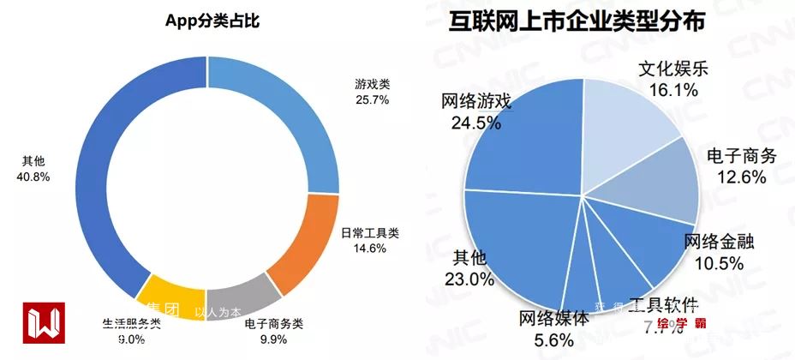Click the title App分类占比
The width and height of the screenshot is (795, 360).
click(212, 22)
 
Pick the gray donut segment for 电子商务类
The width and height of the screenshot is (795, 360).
click(241, 297)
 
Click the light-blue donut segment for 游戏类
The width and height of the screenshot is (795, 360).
click(283, 111)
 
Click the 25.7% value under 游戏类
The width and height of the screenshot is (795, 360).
click(372, 99)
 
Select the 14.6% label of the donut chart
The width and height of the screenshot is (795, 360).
click(370, 248)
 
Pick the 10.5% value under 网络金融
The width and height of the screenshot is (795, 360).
click(720, 263)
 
